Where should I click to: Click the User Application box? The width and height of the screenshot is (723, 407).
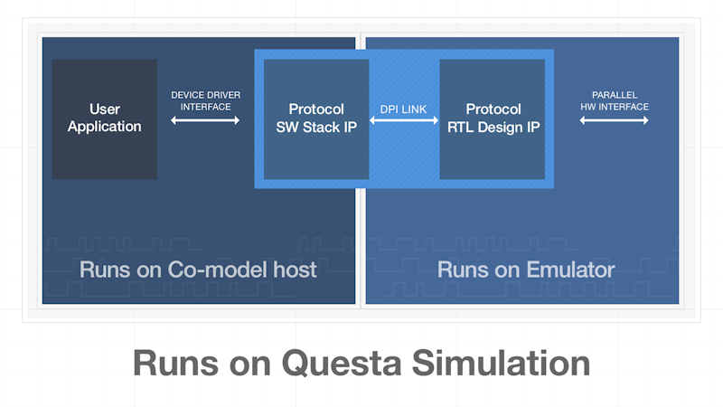104,118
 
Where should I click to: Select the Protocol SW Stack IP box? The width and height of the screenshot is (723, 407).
315,118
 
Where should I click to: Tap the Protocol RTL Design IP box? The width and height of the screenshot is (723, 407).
493,118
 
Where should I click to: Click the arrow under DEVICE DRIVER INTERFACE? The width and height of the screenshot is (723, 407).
205,119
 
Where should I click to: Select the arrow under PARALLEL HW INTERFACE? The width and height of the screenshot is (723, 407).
615,119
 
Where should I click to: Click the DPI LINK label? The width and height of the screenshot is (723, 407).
404,109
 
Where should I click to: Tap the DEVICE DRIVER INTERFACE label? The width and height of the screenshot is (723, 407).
205,100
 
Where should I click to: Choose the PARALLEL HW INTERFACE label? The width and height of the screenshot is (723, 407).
615,100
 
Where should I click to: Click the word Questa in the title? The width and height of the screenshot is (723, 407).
340,364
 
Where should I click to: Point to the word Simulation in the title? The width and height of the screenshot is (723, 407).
502,364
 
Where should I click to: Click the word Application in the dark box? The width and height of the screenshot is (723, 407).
104,127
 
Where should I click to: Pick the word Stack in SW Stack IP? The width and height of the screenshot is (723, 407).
317,128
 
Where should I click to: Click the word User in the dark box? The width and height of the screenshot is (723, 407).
105,109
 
